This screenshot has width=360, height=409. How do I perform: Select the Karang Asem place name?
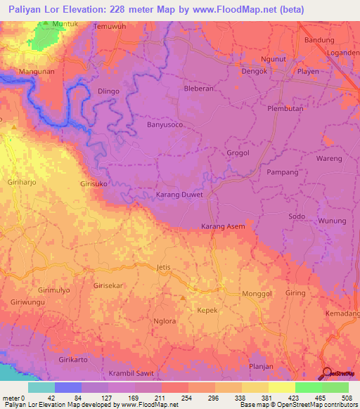pos(223,226)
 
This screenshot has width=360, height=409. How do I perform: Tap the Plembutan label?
pos(285,109)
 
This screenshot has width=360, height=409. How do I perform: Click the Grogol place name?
pos(238,152)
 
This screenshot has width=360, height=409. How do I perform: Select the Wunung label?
pos(333,221)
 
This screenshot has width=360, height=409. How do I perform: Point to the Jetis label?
pos(163,268)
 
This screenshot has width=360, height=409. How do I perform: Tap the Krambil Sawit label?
pos(130,373)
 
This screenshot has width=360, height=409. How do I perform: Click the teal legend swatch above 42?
pos(41,387)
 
